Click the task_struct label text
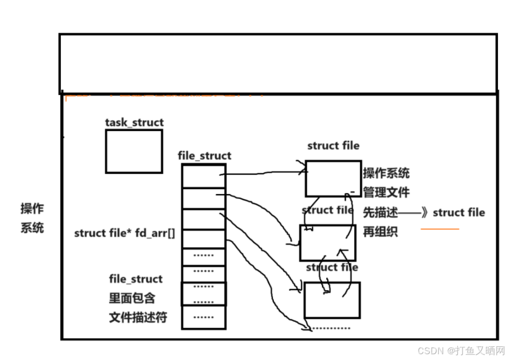134,123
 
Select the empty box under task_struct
134,151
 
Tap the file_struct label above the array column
205,156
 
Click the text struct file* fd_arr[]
125,233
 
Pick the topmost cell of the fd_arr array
204,176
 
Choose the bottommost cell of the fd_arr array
204,317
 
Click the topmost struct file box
333,179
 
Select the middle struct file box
328,242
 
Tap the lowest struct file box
332,300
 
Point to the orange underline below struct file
440,229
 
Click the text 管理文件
386,192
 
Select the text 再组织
380,232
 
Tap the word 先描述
380,213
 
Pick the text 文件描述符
138,318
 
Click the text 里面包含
132,298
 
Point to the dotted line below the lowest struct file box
331,328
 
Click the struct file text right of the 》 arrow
458,213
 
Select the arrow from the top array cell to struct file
264,172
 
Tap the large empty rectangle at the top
278,63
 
